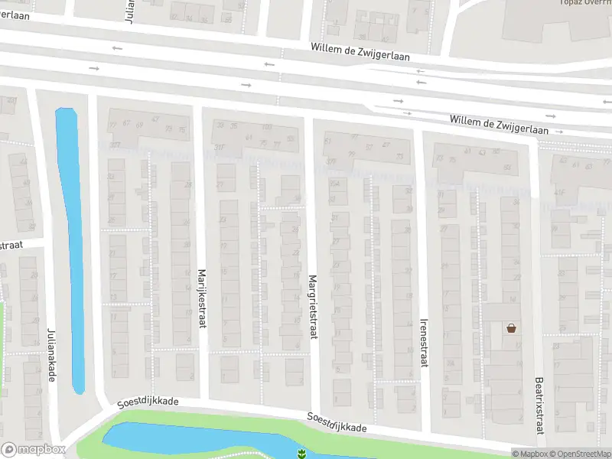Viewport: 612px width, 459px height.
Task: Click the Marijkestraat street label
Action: click(x=203, y=298)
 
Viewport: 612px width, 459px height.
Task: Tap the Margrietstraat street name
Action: click(x=313, y=306)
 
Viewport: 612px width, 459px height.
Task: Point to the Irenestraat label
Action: click(x=424, y=343)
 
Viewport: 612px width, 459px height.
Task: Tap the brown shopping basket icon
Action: click(x=511, y=328)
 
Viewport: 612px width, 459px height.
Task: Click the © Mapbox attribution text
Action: click(x=530, y=454)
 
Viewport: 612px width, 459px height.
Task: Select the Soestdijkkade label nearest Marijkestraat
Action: click(x=148, y=402)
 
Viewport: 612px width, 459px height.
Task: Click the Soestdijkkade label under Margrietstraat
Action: click(x=337, y=422)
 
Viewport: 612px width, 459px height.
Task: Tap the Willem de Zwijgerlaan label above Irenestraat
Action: click(x=500, y=125)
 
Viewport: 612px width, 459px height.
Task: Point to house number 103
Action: click(x=267, y=126)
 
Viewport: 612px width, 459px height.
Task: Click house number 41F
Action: click(x=559, y=192)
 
